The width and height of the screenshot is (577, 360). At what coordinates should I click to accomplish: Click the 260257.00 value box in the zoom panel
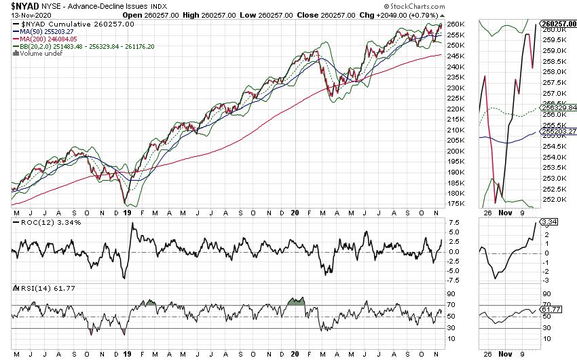click(558, 23)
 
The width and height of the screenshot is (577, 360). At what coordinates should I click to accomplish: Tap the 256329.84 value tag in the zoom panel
click(558, 107)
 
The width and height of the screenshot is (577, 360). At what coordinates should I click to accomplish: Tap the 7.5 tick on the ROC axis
click(454, 222)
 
